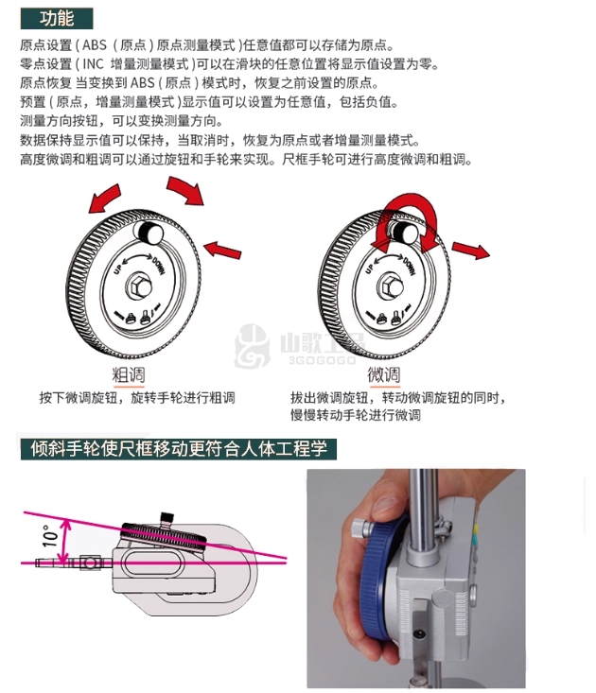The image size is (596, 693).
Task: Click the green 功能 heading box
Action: coord(57,19)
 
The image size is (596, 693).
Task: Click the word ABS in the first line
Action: coord(95,45)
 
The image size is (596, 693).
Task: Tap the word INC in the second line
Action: coord(93,64)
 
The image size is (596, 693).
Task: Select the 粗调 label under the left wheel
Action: coord(129,375)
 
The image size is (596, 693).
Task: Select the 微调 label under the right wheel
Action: coord(384,375)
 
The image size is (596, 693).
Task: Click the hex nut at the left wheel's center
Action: coord(139,286)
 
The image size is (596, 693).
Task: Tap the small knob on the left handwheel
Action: coord(149,233)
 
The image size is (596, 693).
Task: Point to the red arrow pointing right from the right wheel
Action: coord(470,250)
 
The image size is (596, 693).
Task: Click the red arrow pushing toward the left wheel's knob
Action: coord(223,250)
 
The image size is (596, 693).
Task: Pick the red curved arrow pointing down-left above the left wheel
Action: coord(105,199)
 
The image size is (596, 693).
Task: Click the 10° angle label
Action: coord(50,536)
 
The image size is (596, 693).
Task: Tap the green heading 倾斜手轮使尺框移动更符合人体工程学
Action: coord(179,449)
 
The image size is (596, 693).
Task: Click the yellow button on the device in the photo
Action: coord(476,528)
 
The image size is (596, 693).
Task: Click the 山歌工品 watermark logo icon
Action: coord(252,346)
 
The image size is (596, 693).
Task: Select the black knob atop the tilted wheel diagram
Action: coord(167,517)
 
